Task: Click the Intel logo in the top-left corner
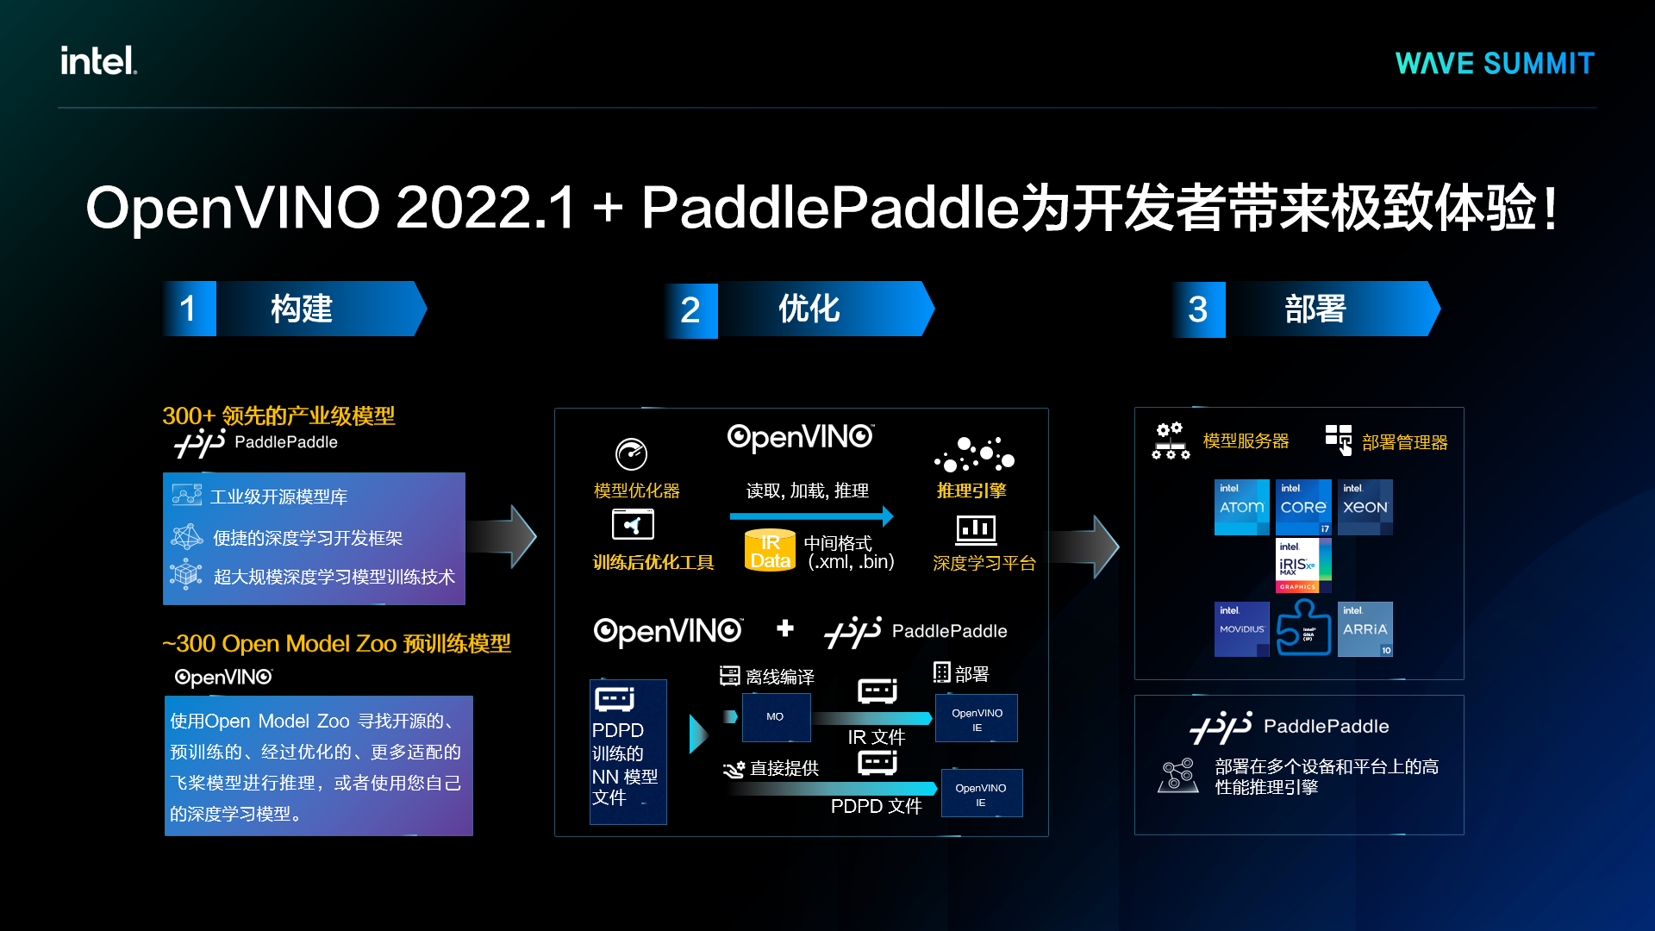[98, 60]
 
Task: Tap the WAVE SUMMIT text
[1495, 63]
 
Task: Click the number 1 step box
[189, 309]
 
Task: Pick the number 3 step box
[1198, 309]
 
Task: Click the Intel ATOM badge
[1241, 507]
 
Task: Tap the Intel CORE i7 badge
[1303, 507]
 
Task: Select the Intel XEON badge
[1365, 507]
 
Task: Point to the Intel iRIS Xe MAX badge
[1303, 565]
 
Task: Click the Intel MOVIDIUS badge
[1241, 629]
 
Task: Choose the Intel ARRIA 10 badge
[1365, 629]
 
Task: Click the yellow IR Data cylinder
[770, 550]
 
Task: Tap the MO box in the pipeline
[776, 716]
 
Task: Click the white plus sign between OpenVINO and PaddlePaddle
[784, 628]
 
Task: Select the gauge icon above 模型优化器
[631, 453]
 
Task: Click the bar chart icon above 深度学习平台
[976, 529]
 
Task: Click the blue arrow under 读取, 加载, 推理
[811, 516]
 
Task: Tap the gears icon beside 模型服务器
[1170, 441]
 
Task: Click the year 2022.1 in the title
[485, 208]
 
